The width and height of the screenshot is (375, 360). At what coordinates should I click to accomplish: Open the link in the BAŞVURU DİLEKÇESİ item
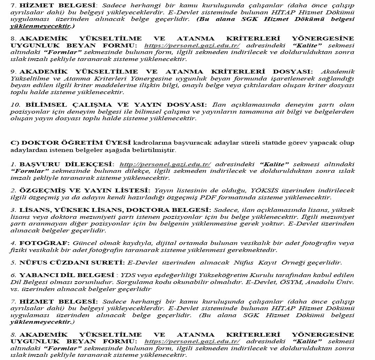(x=165, y=164)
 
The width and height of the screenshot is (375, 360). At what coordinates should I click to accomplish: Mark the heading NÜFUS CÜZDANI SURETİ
(x=72, y=263)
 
